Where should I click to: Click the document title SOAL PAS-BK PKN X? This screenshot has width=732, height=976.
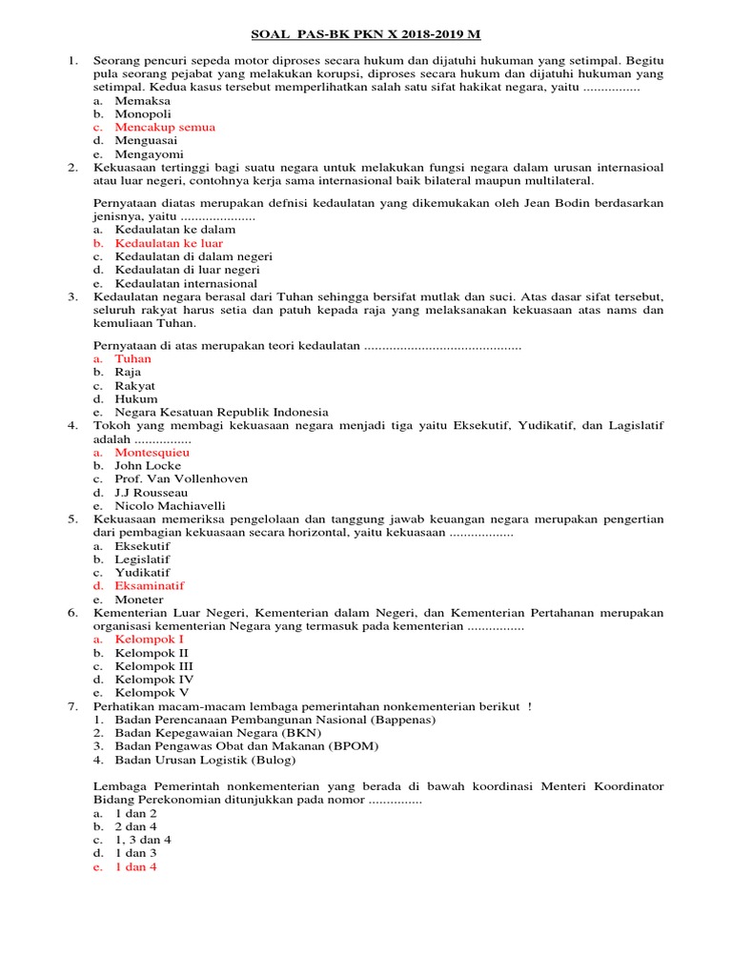point(365,35)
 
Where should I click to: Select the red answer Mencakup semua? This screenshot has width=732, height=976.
point(164,127)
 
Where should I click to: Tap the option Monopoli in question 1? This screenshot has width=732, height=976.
point(143,113)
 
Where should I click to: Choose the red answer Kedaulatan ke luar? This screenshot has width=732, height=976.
point(169,243)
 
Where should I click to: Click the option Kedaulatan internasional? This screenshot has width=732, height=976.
point(186,283)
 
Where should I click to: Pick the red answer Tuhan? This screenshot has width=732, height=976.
point(132,359)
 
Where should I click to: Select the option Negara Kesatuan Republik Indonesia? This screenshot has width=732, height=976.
point(221,412)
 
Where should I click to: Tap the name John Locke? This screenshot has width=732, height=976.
point(148,466)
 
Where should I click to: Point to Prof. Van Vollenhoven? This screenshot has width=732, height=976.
point(180,479)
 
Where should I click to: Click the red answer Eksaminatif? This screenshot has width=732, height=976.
point(150,585)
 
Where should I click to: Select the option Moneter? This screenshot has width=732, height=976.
point(138,600)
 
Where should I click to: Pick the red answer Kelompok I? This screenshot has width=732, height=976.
point(150,640)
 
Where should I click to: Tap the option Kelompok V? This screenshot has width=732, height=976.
point(152,693)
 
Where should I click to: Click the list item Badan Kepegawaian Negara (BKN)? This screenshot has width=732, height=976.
point(217,733)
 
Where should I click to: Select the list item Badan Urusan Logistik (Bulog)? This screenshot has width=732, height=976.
point(205,760)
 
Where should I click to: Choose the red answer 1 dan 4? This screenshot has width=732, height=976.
point(135,867)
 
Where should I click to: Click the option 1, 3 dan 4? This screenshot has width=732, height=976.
point(143,841)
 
